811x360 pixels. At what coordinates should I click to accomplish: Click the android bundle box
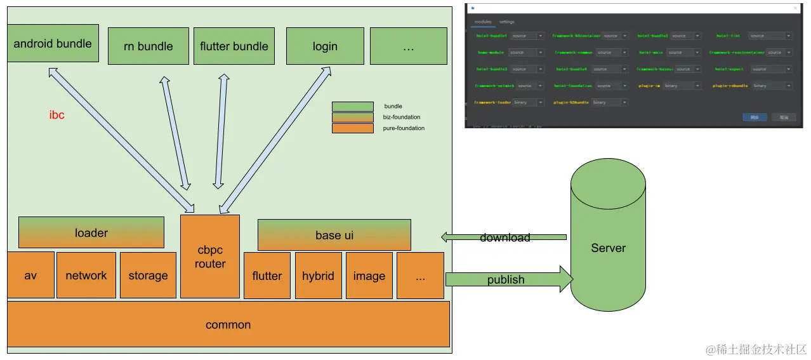point(53,43)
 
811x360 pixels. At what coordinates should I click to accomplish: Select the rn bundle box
point(148,46)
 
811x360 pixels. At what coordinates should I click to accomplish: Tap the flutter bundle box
point(234,46)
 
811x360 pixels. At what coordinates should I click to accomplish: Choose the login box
point(324,46)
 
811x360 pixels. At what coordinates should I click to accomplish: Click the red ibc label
point(57,116)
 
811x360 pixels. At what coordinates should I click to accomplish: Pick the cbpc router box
point(210,257)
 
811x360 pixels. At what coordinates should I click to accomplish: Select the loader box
point(91,232)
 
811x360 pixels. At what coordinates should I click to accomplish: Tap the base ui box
point(334,235)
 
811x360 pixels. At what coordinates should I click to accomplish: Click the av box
point(30,275)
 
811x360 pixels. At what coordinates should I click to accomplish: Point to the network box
point(86,275)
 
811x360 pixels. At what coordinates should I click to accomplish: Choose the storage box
point(148,275)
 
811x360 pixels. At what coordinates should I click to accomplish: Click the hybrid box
point(318,276)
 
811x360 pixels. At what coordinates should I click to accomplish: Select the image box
point(369,276)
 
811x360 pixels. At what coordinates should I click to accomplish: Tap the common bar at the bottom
point(228,324)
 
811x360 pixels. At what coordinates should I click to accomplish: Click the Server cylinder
point(608,248)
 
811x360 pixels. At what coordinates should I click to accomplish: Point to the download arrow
point(504,237)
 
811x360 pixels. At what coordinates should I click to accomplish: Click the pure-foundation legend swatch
point(352,128)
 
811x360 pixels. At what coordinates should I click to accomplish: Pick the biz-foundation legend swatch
point(352,117)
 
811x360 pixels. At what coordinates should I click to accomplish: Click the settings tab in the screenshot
point(506,22)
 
